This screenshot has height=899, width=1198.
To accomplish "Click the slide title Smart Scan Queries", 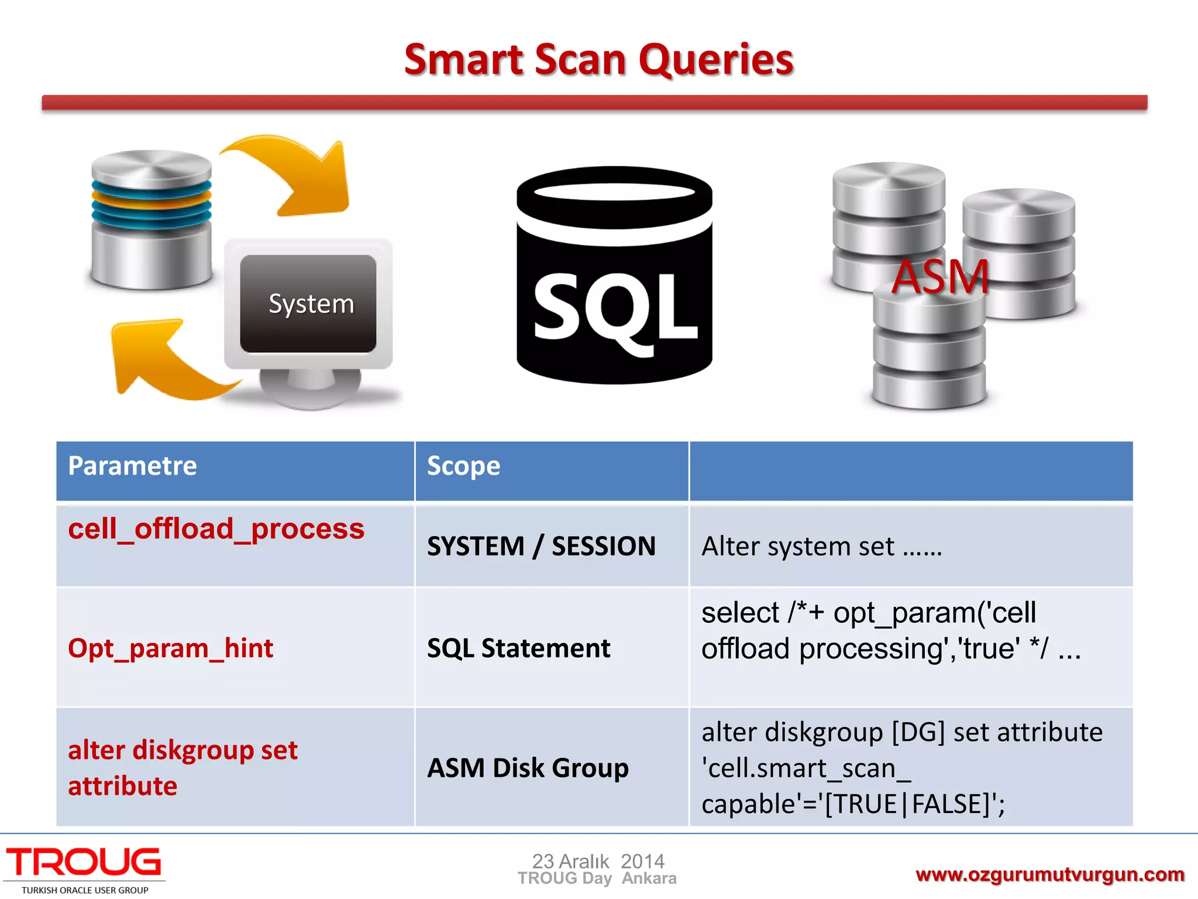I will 598,60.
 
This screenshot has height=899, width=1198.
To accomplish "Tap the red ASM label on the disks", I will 940,277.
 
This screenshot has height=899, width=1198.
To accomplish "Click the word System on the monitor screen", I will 311,304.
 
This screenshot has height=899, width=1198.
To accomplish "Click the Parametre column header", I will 133,466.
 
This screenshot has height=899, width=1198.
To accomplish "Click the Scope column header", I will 463,466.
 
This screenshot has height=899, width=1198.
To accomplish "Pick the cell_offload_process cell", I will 216,529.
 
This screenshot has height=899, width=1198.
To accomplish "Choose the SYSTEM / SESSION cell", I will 541,547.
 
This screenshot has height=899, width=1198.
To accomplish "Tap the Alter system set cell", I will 821,547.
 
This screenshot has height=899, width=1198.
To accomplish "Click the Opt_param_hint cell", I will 170,648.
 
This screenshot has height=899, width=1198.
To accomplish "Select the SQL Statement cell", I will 518,648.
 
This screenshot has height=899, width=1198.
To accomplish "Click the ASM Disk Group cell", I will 528,768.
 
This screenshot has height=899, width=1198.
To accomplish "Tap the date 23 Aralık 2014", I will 598,861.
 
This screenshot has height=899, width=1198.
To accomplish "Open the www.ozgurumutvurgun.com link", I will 1049,874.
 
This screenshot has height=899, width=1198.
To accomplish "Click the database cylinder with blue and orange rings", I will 152,219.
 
